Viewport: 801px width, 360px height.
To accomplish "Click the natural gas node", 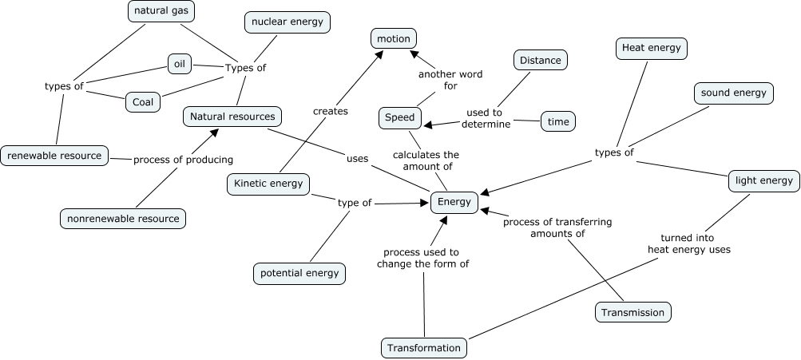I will pyautogui.click(x=162, y=11).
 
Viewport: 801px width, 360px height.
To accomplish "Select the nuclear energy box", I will pyautogui.click(x=287, y=22).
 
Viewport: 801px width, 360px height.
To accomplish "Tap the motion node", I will pyautogui.click(x=394, y=38).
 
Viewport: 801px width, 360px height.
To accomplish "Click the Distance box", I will pyautogui.click(x=541, y=60).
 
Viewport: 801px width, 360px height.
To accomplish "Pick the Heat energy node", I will pyautogui.click(x=652, y=48).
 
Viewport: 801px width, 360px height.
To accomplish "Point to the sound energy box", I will pyautogui.click(x=733, y=93).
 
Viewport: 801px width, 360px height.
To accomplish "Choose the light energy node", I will pyautogui.click(x=763, y=180).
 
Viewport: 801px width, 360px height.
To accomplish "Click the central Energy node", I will pyautogui.click(x=454, y=202).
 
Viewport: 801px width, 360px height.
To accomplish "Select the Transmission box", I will pyautogui.click(x=632, y=312).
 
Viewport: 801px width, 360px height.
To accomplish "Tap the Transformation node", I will pyautogui.click(x=424, y=348).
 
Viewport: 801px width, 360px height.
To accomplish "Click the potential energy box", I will pyautogui.click(x=299, y=273).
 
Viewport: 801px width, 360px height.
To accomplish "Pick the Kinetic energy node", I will pyautogui.click(x=268, y=184).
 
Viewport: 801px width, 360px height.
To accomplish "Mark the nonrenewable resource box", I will pyautogui.click(x=123, y=218).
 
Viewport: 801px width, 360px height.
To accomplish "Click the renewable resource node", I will pyautogui.click(x=54, y=156).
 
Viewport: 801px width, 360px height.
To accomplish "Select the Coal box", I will pyautogui.click(x=143, y=102).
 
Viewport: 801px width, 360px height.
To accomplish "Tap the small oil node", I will pyautogui.click(x=179, y=63).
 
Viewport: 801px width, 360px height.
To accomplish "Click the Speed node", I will pyautogui.click(x=399, y=118).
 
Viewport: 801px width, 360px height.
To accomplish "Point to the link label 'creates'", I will pyautogui.click(x=331, y=111).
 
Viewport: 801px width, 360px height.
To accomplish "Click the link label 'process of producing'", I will pyautogui.click(x=183, y=159).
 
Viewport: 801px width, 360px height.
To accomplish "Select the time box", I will pyautogui.click(x=557, y=121).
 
